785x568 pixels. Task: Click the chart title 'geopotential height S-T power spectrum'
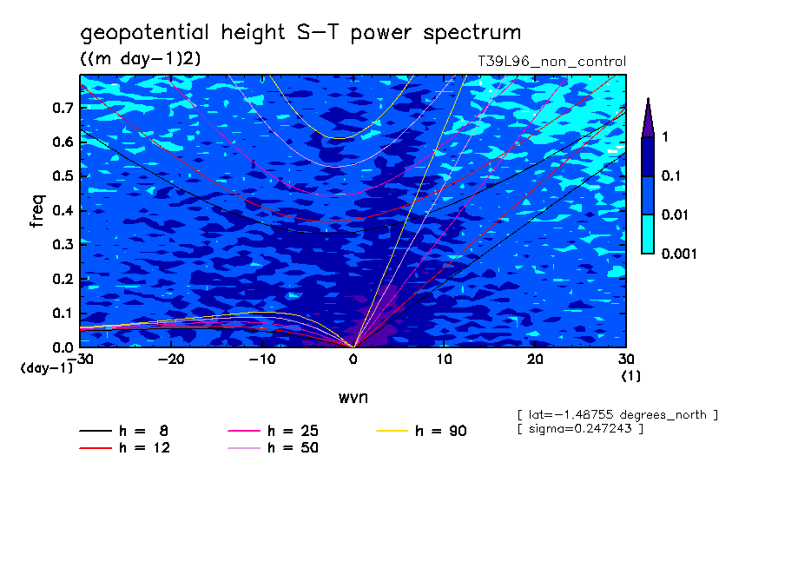click(x=300, y=34)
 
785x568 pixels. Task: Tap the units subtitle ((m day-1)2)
click(x=141, y=59)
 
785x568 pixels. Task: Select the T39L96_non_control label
click(x=552, y=62)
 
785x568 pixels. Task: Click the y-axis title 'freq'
click(x=36, y=212)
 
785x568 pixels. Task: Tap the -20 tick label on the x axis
click(x=171, y=360)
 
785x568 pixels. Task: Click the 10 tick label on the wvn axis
click(x=444, y=360)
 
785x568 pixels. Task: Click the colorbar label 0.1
click(x=670, y=176)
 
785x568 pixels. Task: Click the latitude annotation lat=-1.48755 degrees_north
click(x=617, y=414)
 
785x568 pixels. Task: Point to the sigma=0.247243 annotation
click(x=580, y=429)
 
